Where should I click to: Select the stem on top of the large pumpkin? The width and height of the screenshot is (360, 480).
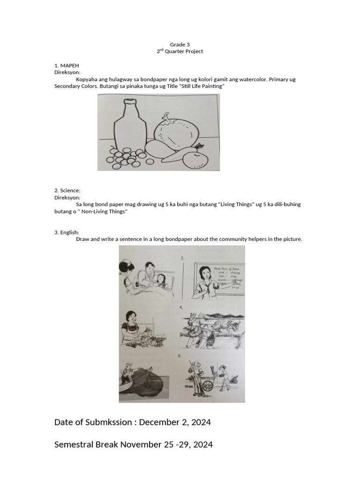click(x=167, y=115)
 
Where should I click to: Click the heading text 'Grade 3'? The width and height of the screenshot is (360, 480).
click(x=180, y=45)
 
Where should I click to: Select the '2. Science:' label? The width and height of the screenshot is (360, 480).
click(x=67, y=190)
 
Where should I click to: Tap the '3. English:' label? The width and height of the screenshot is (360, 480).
click(x=67, y=232)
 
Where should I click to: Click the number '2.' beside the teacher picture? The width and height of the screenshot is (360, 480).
click(x=183, y=258)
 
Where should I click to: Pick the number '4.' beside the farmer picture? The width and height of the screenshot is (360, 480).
click(x=181, y=307)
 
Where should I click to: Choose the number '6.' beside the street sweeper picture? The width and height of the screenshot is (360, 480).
click(x=180, y=356)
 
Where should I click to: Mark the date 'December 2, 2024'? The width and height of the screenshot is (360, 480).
click(x=175, y=422)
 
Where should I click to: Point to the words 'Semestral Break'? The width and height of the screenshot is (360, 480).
click(x=86, y=444)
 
